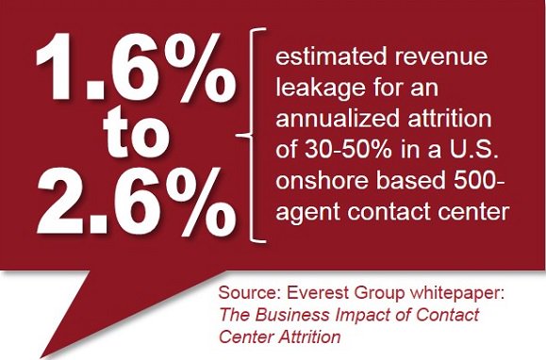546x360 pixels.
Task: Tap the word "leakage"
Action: point(317,90)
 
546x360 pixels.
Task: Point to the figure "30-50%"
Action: point(337,152)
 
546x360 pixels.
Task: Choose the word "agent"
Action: point(302,214)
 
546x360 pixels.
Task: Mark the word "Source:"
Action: point(247,293)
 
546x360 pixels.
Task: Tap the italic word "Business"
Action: point(284,314)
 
